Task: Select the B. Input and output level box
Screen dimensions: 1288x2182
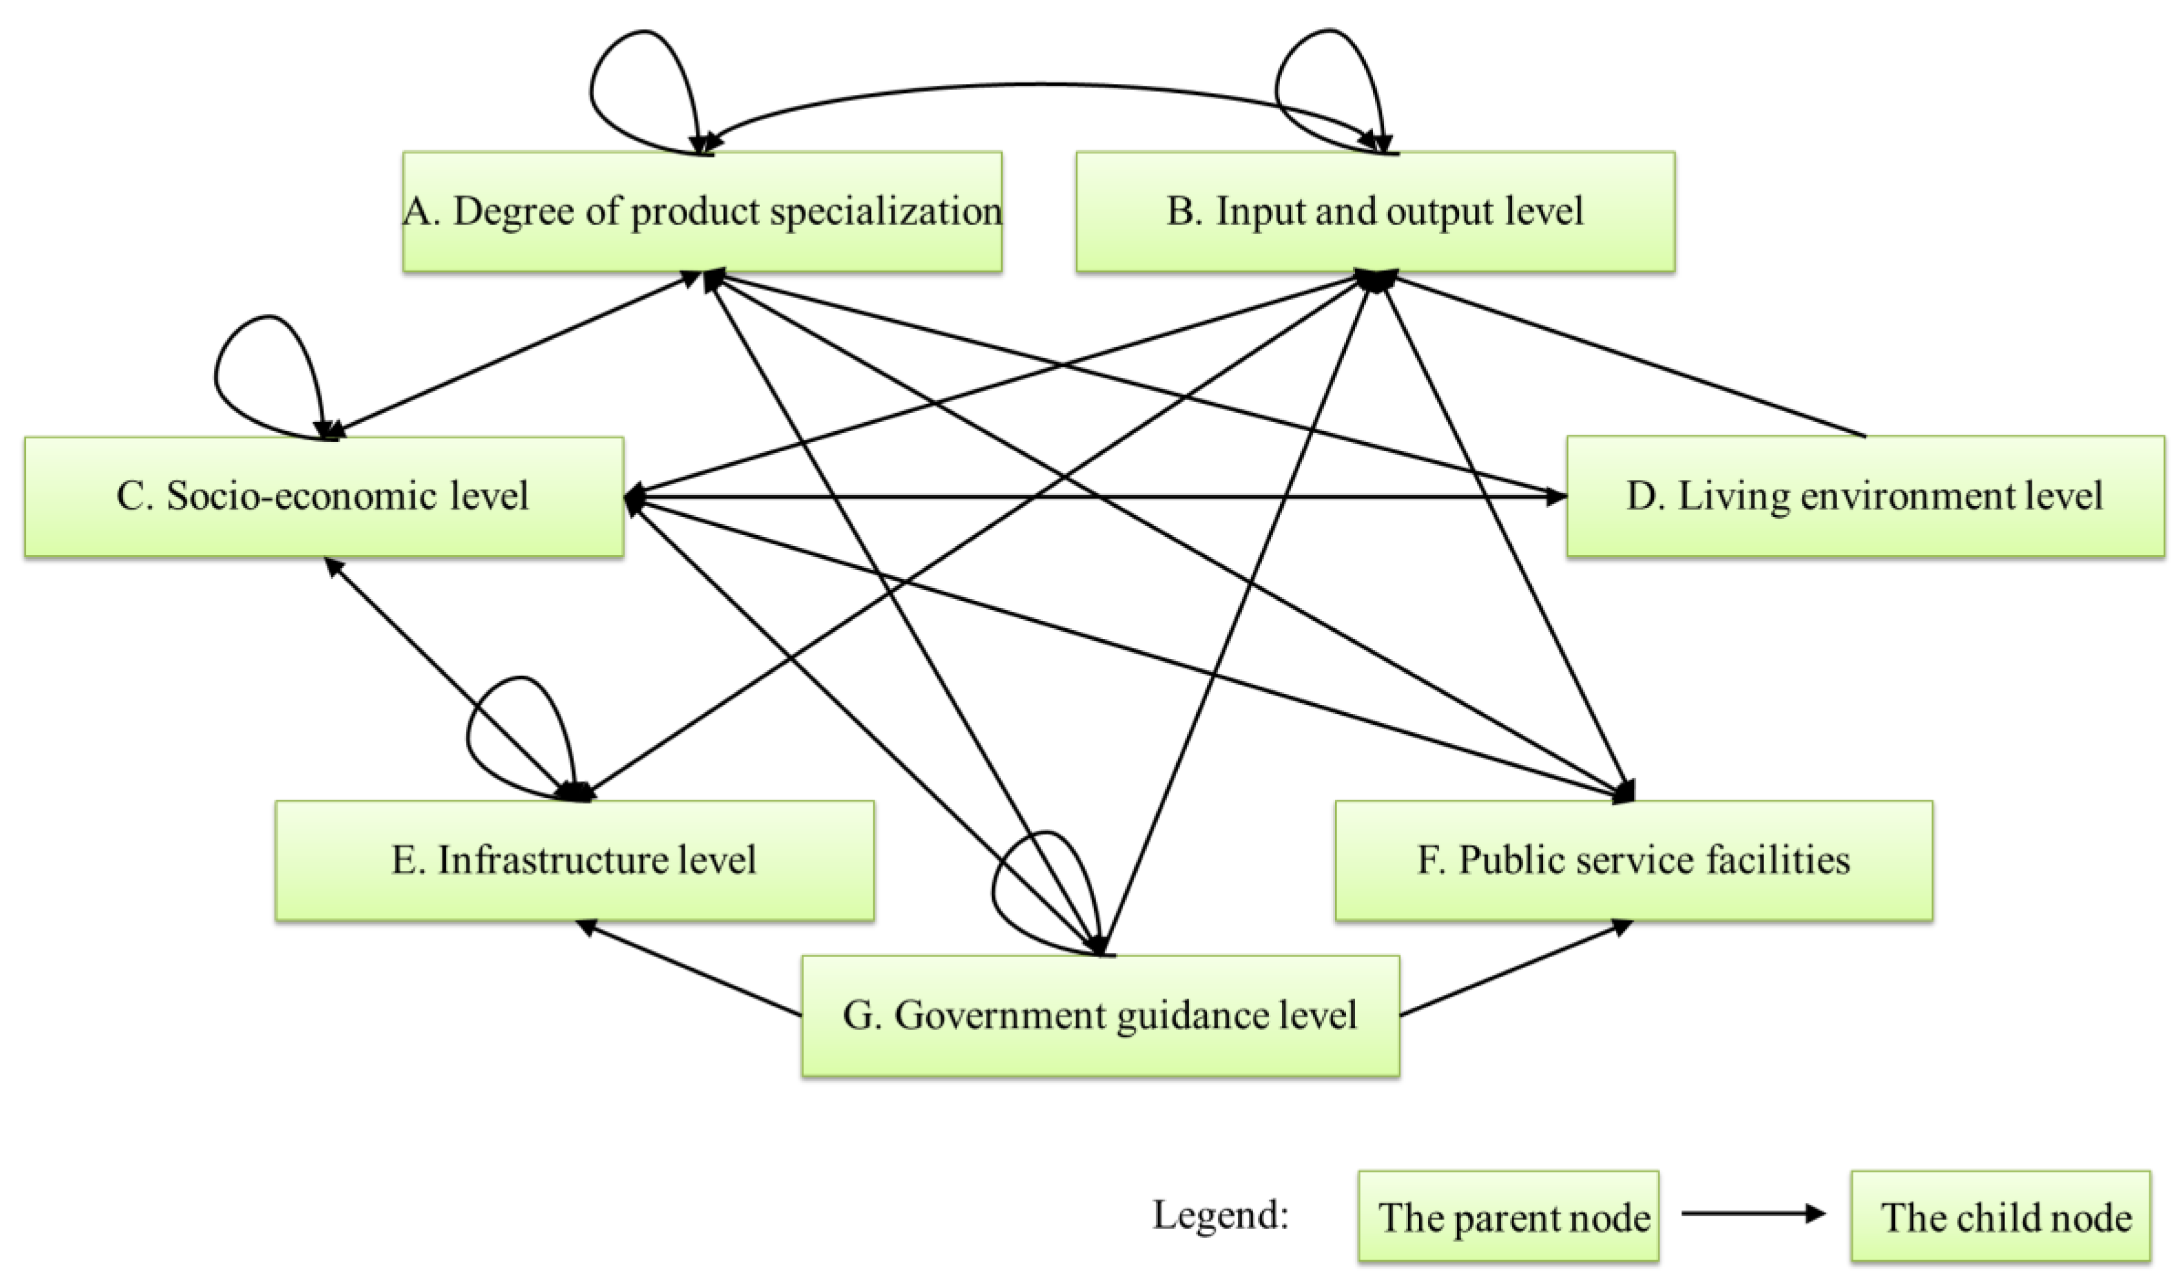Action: (x=1375, y=212)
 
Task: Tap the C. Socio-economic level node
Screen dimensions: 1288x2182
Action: (x=323, y=496)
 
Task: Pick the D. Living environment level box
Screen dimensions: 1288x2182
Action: (x=1865, y=496)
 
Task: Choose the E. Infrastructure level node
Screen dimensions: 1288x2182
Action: (x=573, y=860)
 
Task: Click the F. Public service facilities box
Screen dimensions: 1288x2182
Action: (x=1633, y=860)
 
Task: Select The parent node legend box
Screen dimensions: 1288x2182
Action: (x=1508, y=1216)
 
